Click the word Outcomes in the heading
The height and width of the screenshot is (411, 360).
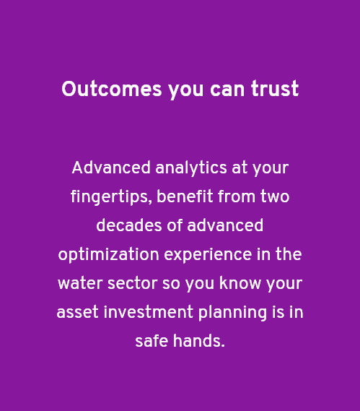point(112,89)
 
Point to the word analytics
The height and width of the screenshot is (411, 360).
point(191,168)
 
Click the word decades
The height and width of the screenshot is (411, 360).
point(129,225)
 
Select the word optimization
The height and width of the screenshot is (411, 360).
point(109,255)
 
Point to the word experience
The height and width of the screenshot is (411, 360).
point(208,255)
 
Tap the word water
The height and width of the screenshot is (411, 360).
point(80,284)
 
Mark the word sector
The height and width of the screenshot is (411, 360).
point(133,284)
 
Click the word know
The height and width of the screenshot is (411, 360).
point(240,283)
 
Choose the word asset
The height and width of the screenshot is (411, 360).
point(77,313)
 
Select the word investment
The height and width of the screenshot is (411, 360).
point(149,311)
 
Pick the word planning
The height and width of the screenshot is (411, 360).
point(233,313)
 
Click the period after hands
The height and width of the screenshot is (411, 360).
point(223,346)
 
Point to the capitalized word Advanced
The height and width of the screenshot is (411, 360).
point(111,168)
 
